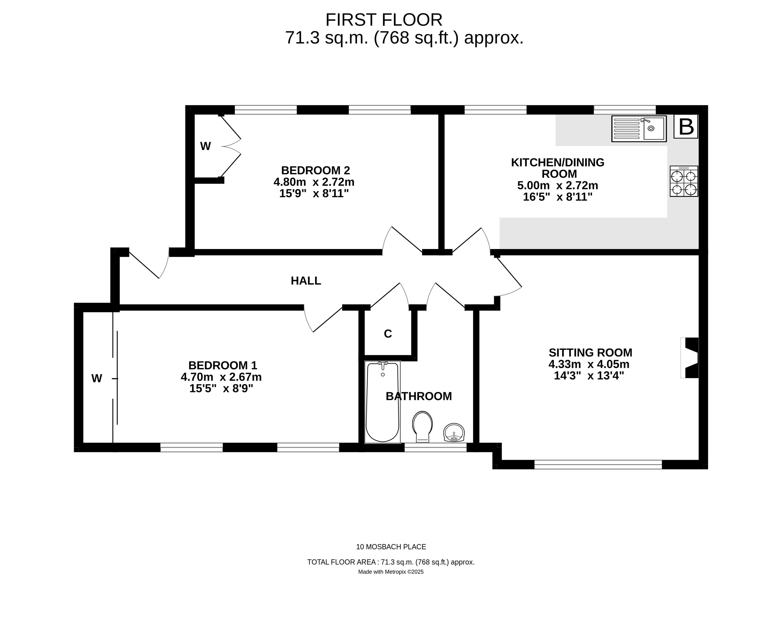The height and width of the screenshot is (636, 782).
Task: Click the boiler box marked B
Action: (686, 127)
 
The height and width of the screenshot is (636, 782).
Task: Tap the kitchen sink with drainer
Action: (639, 129)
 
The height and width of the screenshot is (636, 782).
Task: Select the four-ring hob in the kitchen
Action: (684, 181)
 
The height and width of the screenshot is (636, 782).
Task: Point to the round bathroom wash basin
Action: (454, 433)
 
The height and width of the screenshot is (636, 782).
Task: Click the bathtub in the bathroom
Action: (383, 402)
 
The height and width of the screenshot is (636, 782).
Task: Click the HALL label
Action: (306, 281)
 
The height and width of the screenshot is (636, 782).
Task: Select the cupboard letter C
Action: (388, 334)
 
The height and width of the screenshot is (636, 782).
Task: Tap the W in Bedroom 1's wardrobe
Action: (97, 379)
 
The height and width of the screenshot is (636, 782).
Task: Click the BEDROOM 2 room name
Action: (316, 170)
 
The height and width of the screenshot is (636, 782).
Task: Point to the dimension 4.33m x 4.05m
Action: (589, 364)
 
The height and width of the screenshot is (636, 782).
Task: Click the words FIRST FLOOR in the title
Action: (384, 20)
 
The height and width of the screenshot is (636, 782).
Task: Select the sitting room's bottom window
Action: (598, 465)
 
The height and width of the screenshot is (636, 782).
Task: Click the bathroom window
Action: (435, 447)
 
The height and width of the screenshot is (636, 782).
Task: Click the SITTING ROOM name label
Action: (590, 352)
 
